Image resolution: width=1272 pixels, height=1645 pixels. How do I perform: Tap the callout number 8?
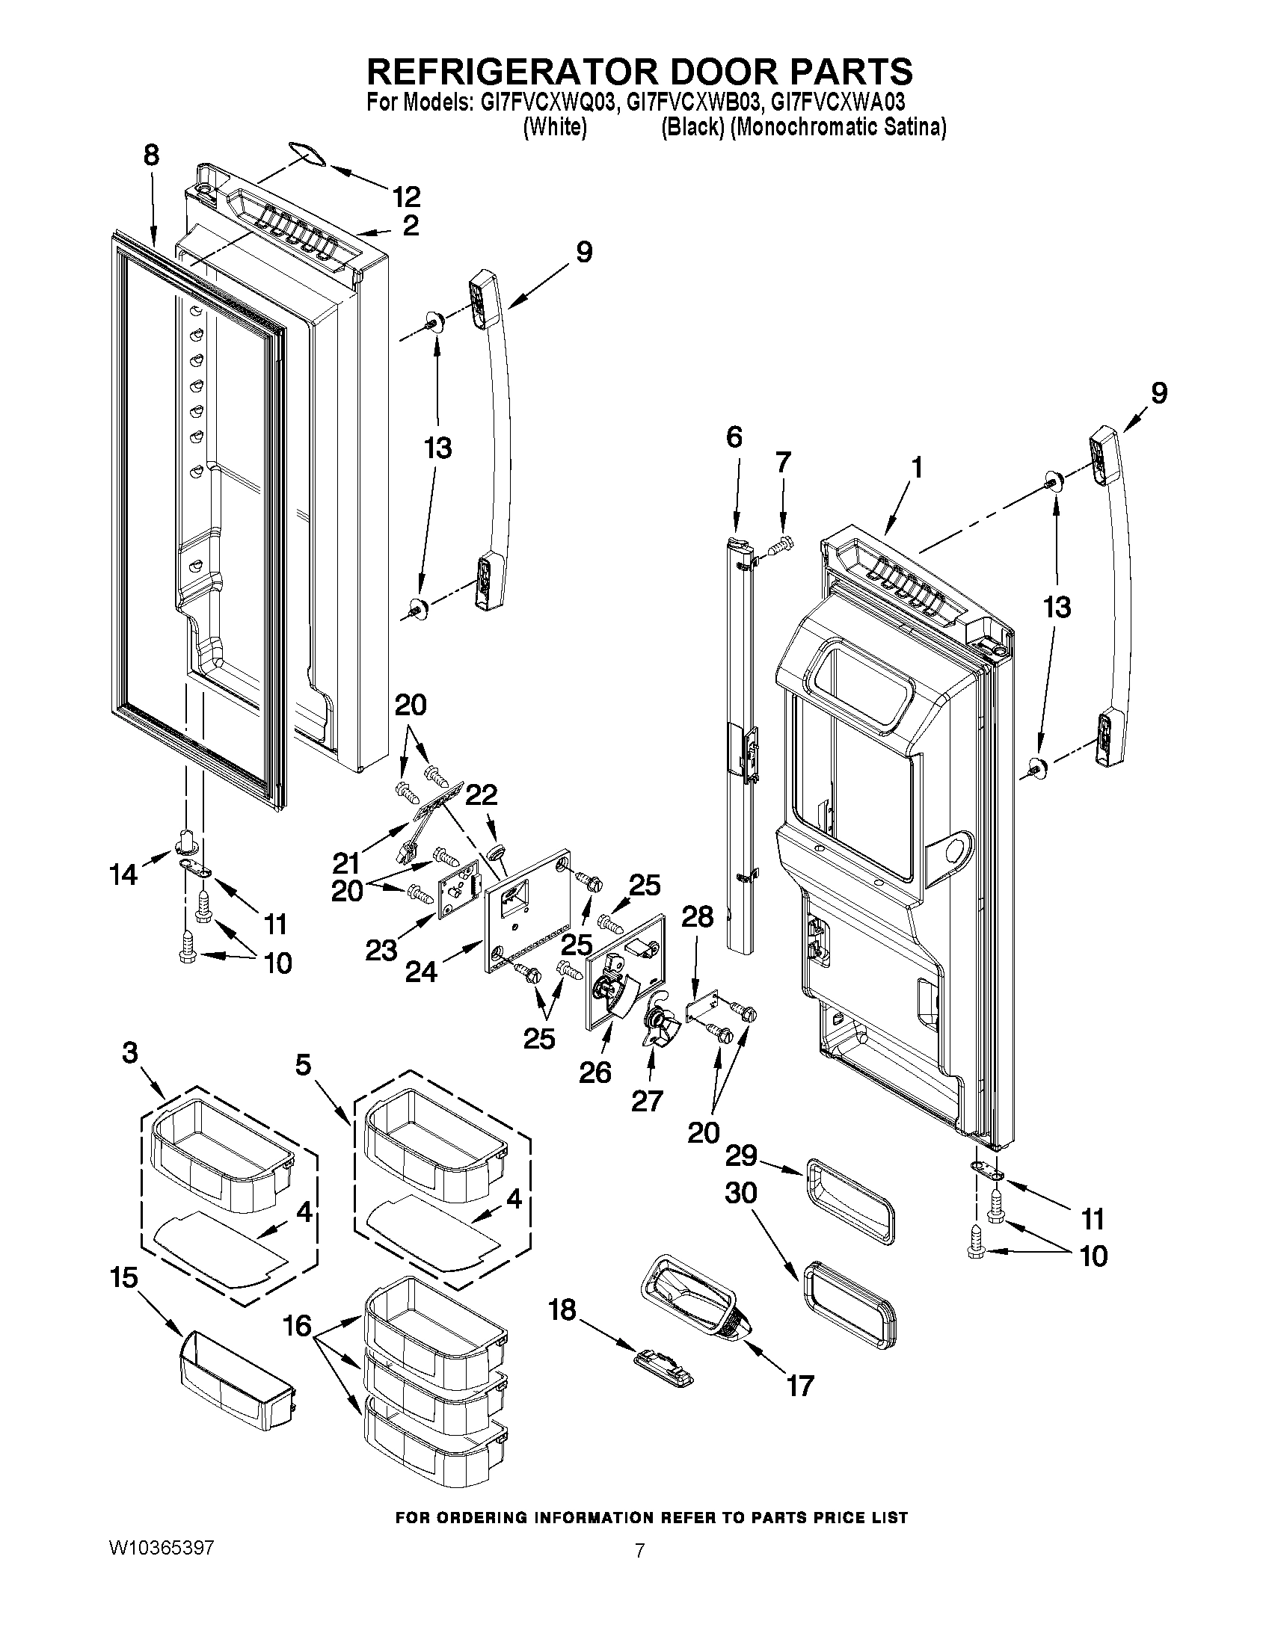coord(151,156)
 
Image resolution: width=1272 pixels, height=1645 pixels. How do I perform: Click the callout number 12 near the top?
coord(406,197)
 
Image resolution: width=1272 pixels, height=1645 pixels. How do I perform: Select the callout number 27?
coord(646,1101)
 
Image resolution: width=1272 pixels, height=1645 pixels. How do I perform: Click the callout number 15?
coord(124,1277)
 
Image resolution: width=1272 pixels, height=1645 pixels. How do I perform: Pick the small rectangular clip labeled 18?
coord(663,1375)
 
